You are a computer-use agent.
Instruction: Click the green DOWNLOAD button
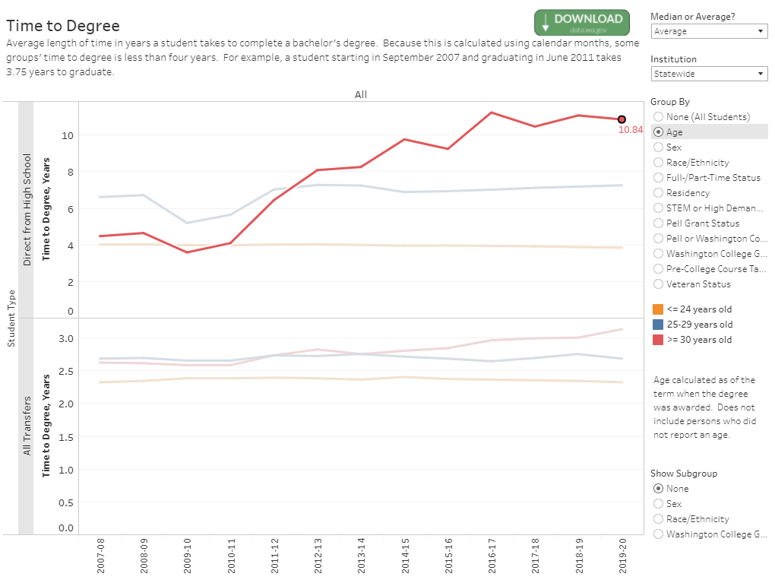[x=582, y=23]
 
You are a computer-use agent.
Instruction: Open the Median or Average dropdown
[x=709, y=31]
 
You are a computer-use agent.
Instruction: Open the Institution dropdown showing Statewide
[x=709, y=74]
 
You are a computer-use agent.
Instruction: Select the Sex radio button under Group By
[x=658, y=147]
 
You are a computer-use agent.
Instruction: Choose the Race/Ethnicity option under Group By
[x=658, y=163]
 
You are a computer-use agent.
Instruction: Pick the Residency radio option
[x=658, y=193]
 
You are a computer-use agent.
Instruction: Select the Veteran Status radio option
[x=658, y=284]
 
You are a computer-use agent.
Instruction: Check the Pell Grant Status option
[x=658, y=223]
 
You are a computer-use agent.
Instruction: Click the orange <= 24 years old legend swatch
[x=657, y=309]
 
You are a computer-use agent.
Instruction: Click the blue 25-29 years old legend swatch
[x=657, y=325]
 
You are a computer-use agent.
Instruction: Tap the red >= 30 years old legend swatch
[x=657, y=340]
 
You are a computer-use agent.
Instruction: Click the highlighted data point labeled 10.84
[x=622, y=119]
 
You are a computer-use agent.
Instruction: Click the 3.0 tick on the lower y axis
[x=67, y=338]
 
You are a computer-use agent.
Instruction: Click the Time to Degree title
[x=62, y=27]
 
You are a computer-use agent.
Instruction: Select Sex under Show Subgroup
[x=658, y=504]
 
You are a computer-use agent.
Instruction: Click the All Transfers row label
[x=27, y=426]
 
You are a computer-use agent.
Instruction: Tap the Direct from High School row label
[x=27, y=210]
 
